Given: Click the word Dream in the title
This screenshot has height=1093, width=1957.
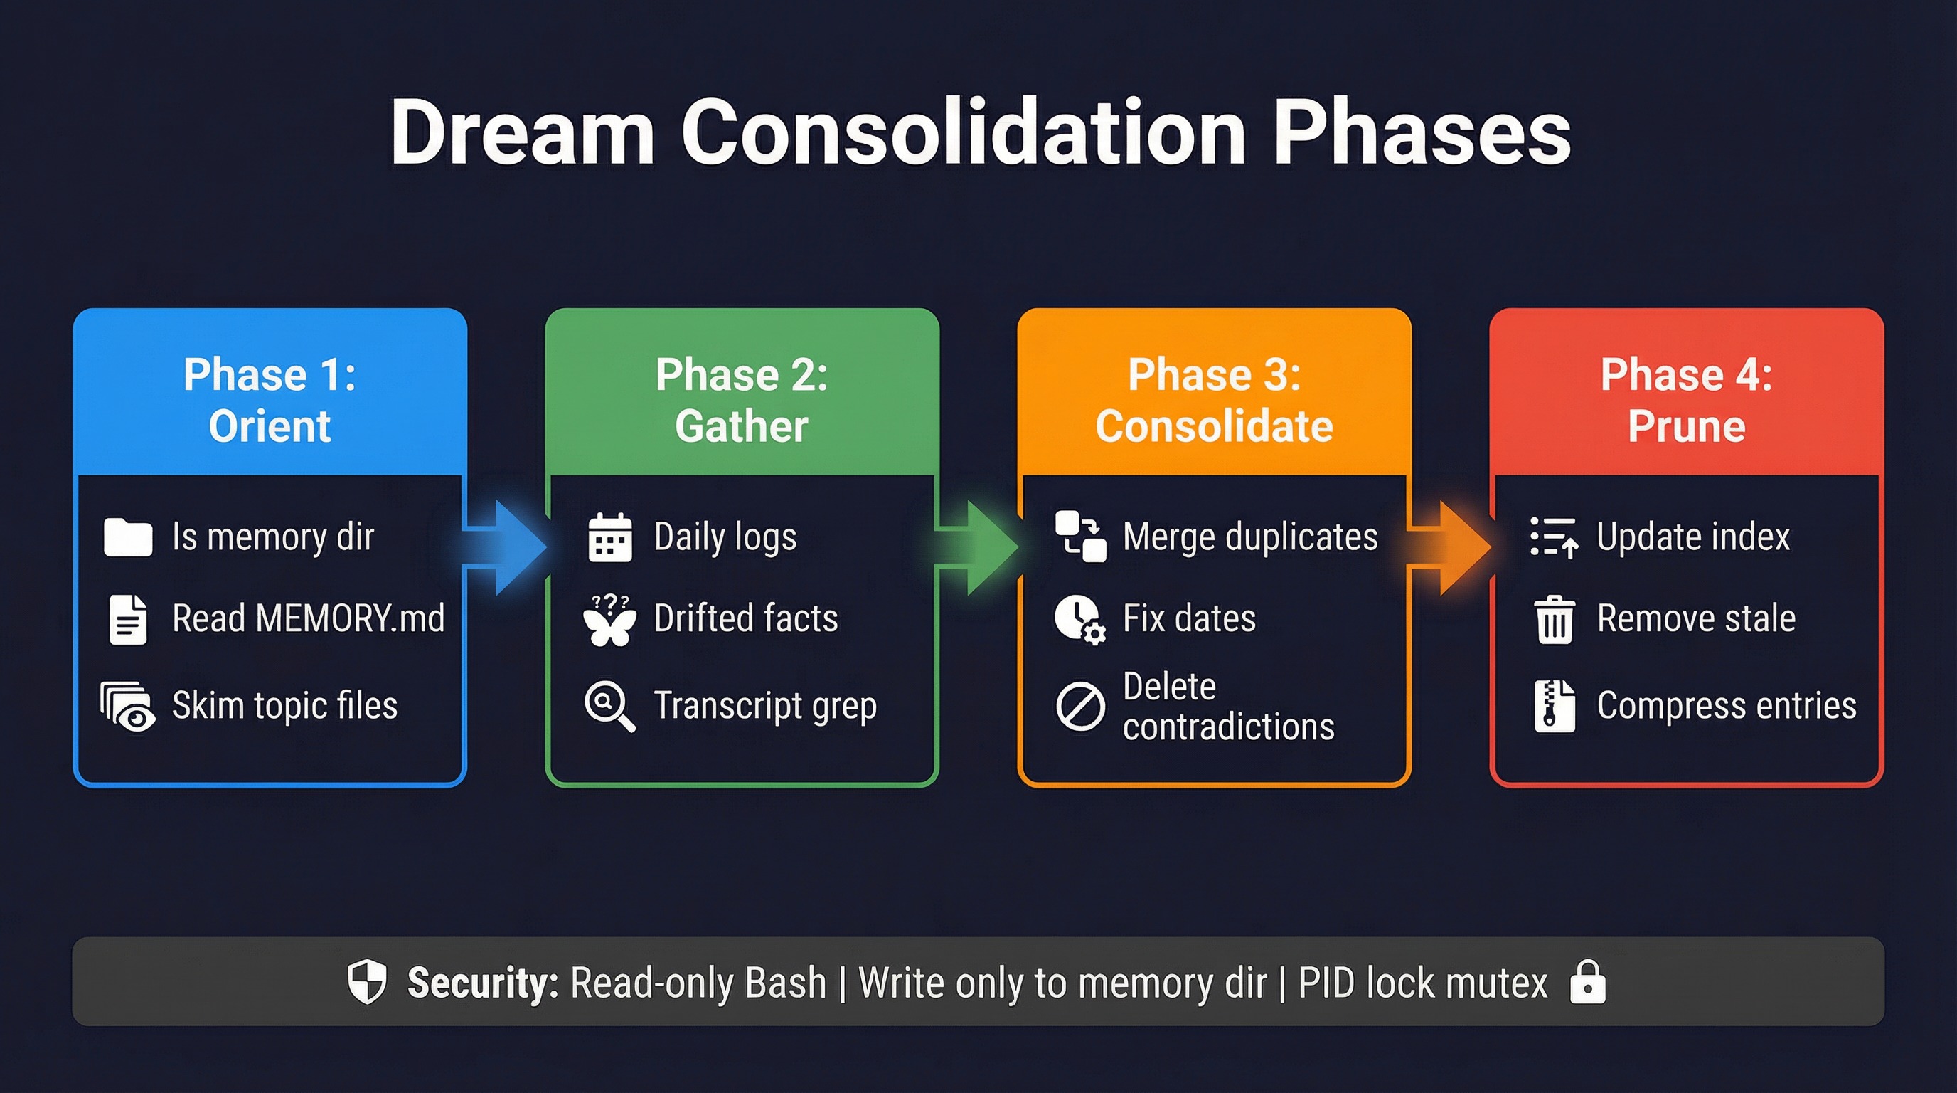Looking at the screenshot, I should point(523,132).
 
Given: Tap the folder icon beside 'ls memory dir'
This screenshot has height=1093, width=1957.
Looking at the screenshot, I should point(127,537).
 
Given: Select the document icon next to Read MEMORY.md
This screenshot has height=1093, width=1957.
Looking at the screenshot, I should point(127,620).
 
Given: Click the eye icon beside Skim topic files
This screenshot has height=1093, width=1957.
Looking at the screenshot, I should point(129,707).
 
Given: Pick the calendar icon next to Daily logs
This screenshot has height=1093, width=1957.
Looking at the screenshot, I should point(610,537).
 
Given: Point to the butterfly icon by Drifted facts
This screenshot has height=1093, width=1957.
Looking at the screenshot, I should point(609,621).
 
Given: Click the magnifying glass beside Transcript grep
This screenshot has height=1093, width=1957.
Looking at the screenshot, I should point(609,706).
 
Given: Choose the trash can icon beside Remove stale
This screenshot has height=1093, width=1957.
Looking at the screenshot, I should point(1555,620).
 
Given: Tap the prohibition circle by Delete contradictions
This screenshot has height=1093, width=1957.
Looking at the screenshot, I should point(1080,706).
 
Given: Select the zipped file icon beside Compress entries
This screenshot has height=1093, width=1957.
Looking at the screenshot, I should point(1555,706).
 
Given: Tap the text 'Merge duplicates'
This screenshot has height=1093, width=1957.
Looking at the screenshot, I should point(1249,537).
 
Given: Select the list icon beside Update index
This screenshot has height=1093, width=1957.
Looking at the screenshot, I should point(1554,537).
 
